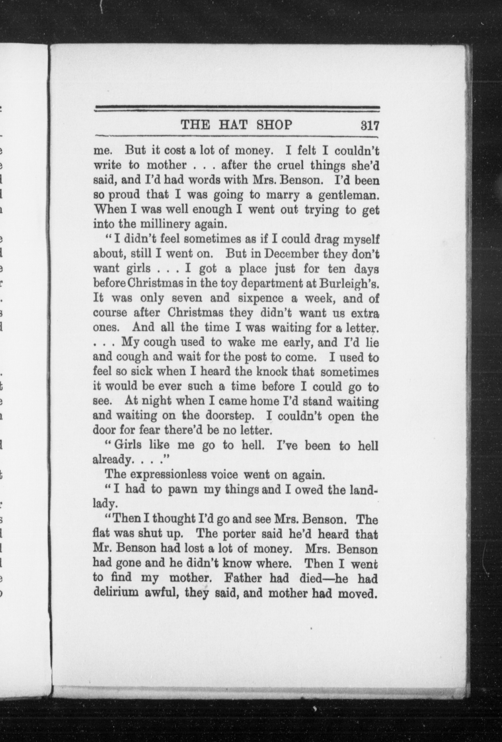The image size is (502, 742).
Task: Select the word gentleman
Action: point(349,195)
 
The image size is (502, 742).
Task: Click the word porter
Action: point(234,534)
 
